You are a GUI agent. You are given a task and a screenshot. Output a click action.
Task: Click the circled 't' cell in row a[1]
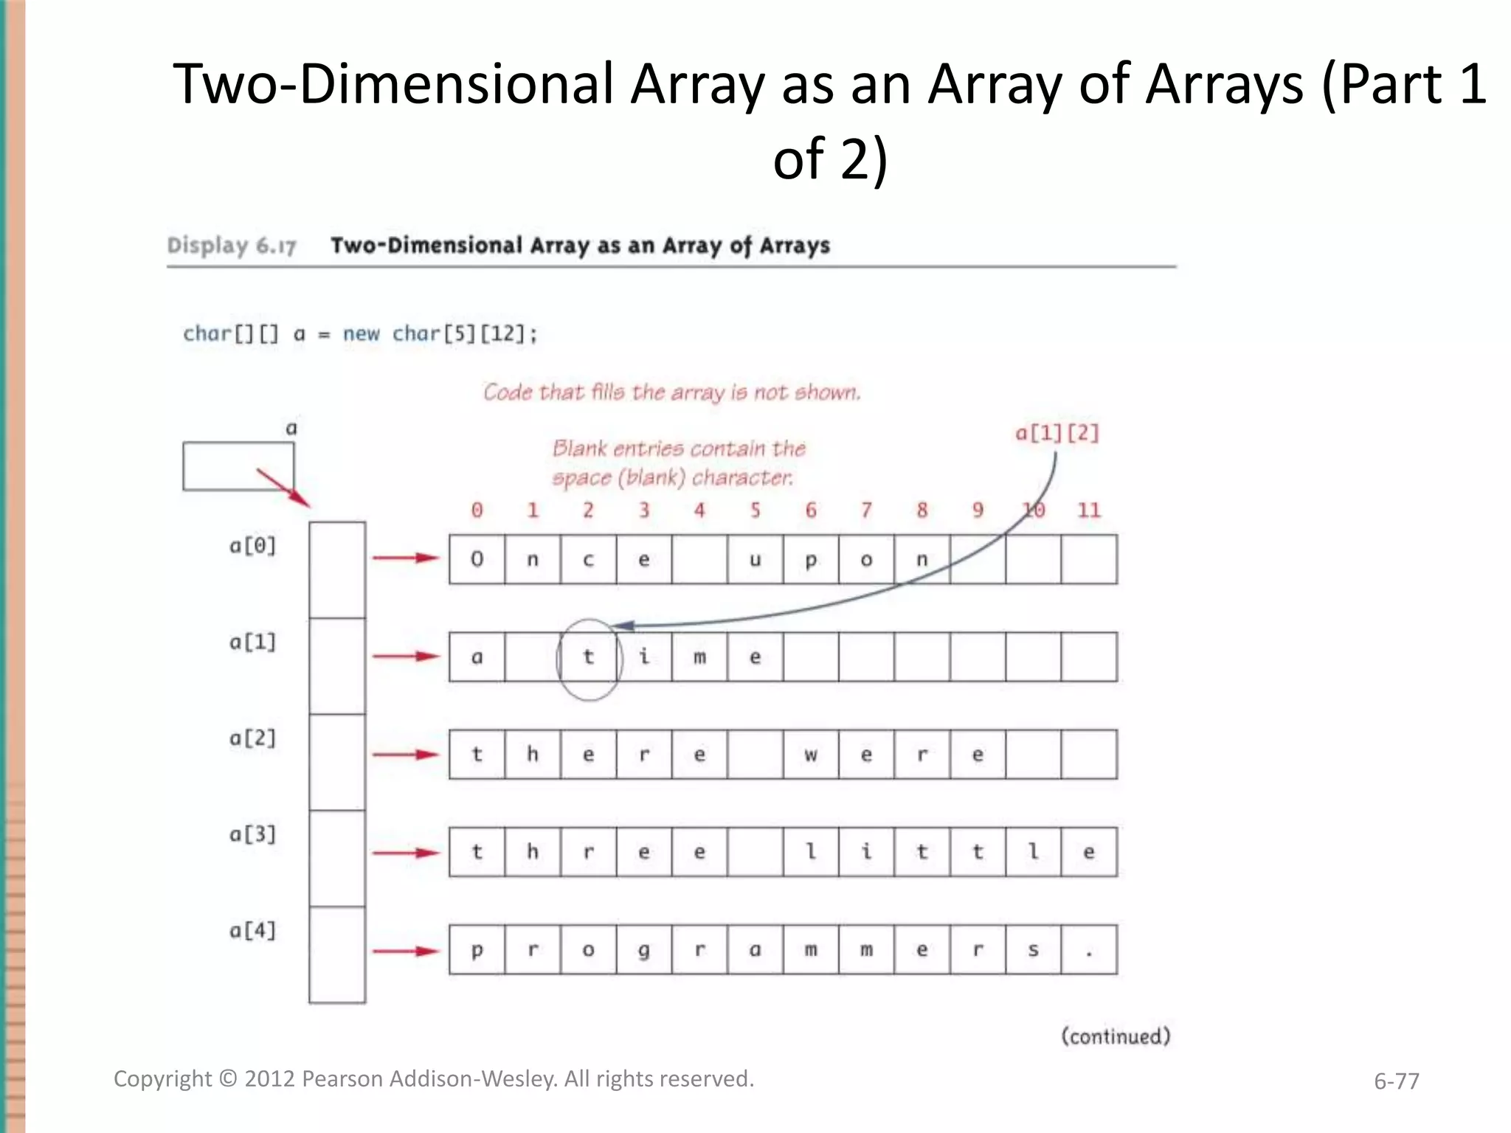coord(588,656)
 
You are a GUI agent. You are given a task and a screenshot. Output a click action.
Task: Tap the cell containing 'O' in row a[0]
coord(477,559)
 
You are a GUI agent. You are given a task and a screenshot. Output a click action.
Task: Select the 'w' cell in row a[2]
coord(811,754)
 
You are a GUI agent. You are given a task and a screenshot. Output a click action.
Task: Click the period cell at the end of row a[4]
coord(1089,949)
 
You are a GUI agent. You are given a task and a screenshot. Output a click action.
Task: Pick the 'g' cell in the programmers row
coord(644,949)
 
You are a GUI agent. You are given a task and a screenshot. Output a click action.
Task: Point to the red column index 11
coord(1089,510)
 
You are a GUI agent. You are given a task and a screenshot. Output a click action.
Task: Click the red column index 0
coord(477,510)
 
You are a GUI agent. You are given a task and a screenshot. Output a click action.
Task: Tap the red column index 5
coord(755,510)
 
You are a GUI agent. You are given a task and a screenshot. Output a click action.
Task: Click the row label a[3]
coord(252,834)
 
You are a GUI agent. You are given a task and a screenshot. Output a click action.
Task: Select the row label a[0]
coord(252,546)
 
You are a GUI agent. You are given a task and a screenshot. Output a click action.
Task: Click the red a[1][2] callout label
coord(1057,433)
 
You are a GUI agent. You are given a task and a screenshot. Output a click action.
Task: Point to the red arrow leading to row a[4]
coord(406,951)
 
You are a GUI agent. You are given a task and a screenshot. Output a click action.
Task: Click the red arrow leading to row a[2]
coord(406,754)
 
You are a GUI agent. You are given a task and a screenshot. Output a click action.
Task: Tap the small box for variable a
coord(238,466)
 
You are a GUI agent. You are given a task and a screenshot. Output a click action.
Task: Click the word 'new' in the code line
coord(361,334)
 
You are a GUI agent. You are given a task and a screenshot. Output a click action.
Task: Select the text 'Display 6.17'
coord(232,246)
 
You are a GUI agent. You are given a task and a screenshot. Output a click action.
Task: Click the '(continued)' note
coord(1116,1036)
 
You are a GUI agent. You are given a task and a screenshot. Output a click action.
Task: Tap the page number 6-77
coord(1396,1081)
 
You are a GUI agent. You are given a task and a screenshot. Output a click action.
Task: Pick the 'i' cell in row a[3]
coord(866,852)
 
